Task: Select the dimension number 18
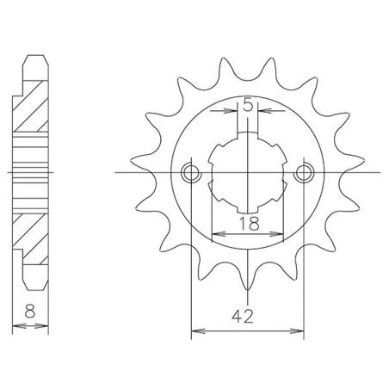[x=247, y=223]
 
